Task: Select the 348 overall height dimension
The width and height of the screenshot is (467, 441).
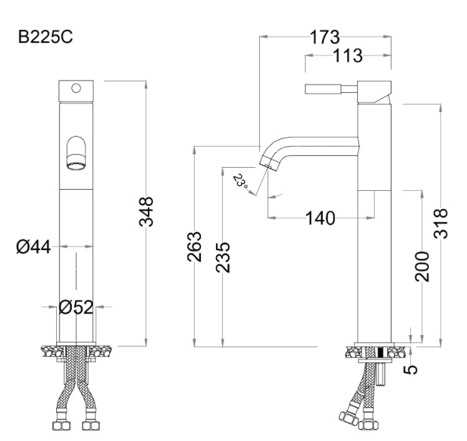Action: tap(146, 211)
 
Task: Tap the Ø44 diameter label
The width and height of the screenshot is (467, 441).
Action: tap(33, 247)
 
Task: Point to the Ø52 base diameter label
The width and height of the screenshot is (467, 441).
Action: tap(76, 307)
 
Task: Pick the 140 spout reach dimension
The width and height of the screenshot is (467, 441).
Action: tap(320, 218)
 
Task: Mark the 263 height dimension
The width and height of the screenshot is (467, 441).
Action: tap(195, 246)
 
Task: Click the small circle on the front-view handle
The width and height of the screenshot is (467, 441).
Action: tap(76, 88)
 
